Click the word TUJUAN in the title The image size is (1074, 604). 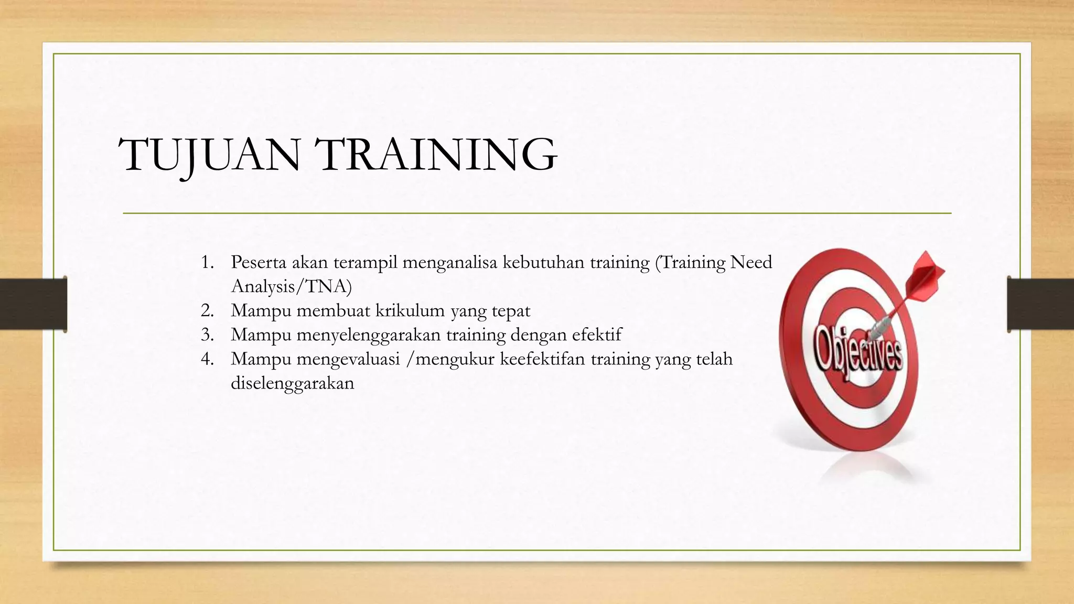click(x=210, y=155)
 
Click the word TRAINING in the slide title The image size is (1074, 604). click(x=438, y=155)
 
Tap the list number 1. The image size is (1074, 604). click(x=207, y=262)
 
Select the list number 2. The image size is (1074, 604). click(x=207, y=311)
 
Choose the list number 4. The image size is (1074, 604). click(x=207, y=359)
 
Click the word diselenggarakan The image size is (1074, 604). click(x=293, y=383)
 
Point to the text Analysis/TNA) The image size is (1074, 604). click(x=292, y=287)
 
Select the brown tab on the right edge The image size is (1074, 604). click(x=1040, y=304)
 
